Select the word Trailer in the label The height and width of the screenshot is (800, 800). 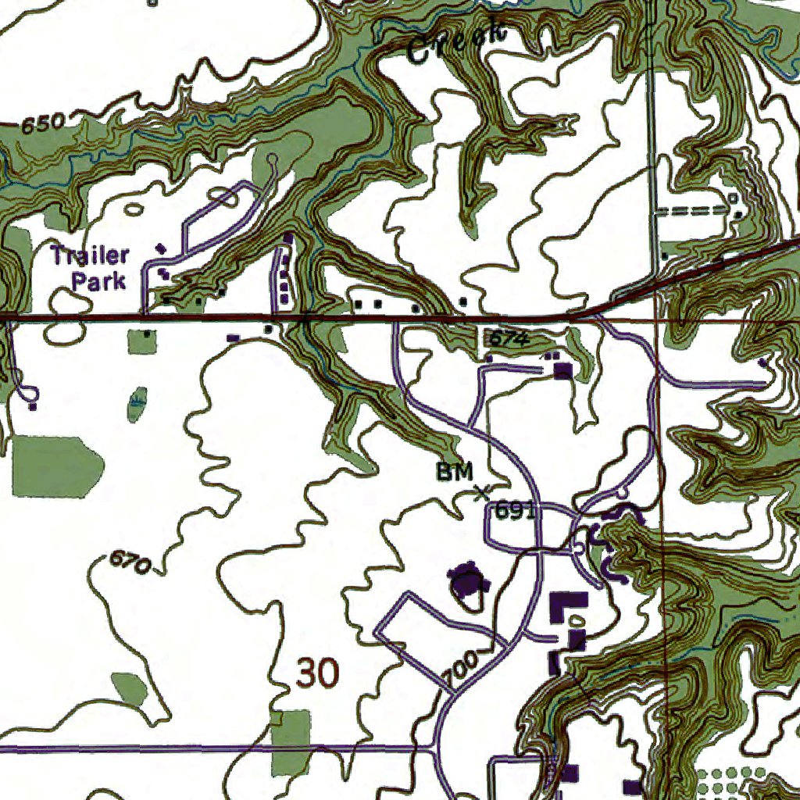[x=90, y=255]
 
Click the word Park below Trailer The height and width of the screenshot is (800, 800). [x=99, y=280]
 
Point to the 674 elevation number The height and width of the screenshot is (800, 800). [x=509, y=339]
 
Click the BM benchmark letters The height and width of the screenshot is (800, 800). [x=455, y=471]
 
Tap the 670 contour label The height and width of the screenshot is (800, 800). [x=129, y=562]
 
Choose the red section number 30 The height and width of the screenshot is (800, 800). [x=319, y=673]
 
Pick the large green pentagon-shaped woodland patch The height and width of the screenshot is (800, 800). [x=56, y=466]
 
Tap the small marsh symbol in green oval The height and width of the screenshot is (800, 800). [x=137, y=403]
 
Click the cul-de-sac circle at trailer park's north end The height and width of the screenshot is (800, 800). [x=272, y=160]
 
